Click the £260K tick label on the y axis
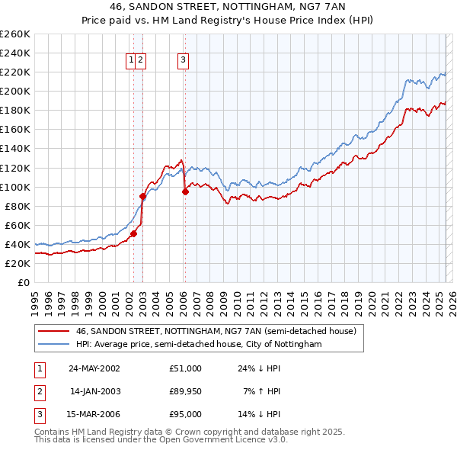click(15, 34)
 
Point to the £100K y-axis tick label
click(15, 187)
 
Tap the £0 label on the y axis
click(23, 282)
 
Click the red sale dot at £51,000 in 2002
click(133, 233)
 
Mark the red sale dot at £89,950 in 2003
click(142, 196)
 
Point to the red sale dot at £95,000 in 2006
click(185, 191)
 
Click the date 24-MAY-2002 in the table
click(94, 368)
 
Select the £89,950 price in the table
click(186, 391)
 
